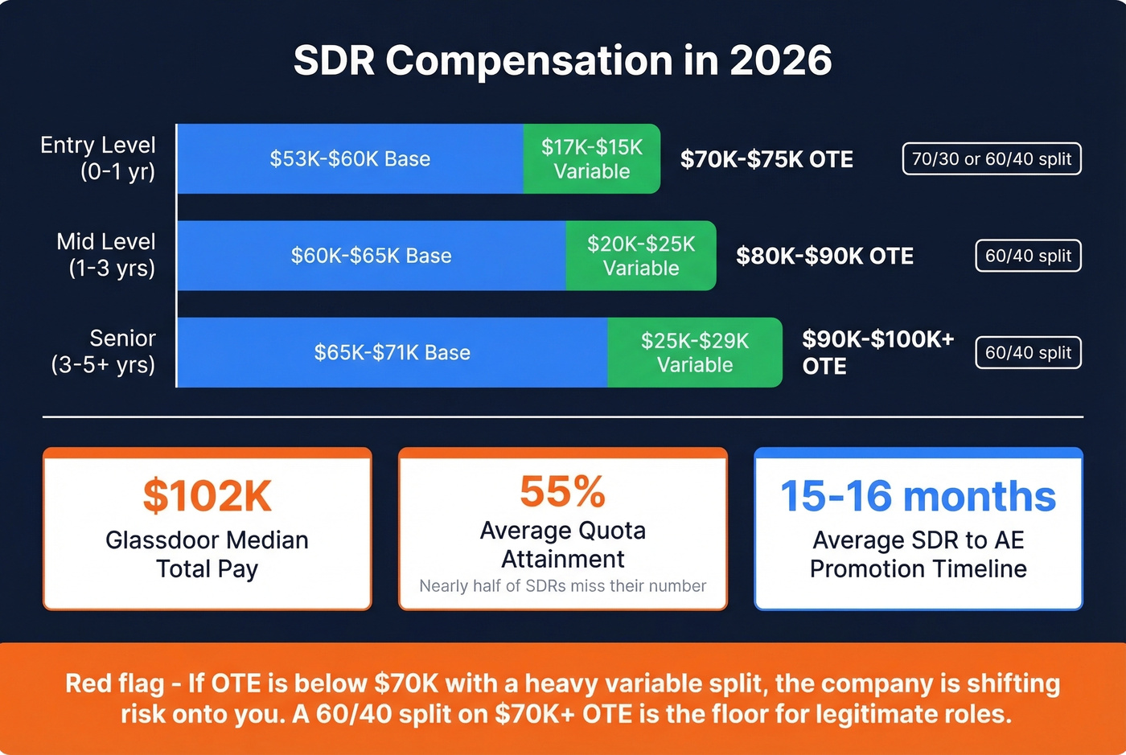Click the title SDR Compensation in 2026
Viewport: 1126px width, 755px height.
(x=562, y=61)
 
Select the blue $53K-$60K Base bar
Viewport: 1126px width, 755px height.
(x=350, y=159)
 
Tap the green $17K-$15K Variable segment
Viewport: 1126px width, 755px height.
(x=592, y=159)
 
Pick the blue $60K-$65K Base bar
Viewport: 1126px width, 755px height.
(x=371, y=256)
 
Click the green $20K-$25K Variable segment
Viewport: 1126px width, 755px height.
(x=641, y=256)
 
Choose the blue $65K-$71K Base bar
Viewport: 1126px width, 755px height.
(x=392, y=352)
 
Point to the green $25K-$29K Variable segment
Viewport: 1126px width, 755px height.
(x=695, y=352)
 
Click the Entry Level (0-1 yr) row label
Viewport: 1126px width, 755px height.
(x=98, y=158)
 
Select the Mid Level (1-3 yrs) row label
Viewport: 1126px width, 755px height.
(x=106, y=255)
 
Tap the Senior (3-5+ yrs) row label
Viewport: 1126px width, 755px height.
(x=104, y=351)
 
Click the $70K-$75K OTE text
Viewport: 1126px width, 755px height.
(x=766, y=159)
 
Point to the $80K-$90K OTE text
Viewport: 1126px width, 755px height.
(x=824, y=256)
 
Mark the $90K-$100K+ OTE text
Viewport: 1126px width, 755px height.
(x=877, y=352)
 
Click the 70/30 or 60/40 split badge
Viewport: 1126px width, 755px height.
(x=992, y=159)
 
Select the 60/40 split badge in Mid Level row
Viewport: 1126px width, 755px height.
(x=1028, y=256)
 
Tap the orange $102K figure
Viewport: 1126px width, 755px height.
(x=208, y=496)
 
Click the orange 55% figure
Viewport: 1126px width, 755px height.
(x=562, y=491)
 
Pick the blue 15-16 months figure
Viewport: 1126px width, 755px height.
(x=918, y=496)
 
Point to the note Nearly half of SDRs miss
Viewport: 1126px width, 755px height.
(x=562, y=586)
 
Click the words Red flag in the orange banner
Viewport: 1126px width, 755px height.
(x=114, y=683)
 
